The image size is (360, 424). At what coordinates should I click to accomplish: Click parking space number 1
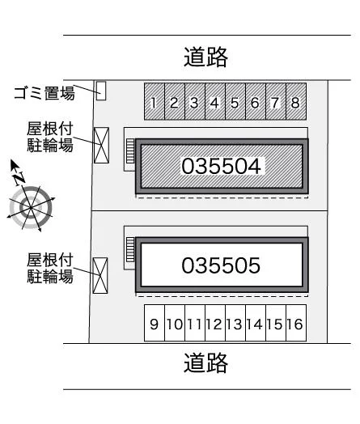click(x=155, y=101)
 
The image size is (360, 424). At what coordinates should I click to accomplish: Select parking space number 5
click(x=235, y=101)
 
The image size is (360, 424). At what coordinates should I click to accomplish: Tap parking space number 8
click(x=296, y=101)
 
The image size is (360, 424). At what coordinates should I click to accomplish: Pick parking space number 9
click(x=155, y=323)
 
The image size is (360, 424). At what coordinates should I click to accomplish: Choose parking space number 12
click(x=215, y=323)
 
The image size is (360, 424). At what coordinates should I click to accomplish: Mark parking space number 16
click(x=296, y=323)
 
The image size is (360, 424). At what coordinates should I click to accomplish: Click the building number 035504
click(x=221, y=166)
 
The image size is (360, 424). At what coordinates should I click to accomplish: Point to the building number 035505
click(x=221, y=265)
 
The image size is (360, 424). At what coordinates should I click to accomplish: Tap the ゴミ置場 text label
click(x=44, y=93)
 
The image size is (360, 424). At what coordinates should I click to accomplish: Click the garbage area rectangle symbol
click(x=101, y=91)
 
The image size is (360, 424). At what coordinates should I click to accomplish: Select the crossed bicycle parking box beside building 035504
click(x=101, y=145)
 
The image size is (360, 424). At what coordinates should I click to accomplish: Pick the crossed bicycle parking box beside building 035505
click(x=100, y=276)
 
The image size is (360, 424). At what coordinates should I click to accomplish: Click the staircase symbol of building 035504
click(x=130, y=151)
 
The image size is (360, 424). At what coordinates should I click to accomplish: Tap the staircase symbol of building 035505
click(x=130, y=249)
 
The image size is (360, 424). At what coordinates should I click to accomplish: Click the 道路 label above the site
click(x=206, y=57)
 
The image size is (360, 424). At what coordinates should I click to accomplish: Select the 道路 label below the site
click(x=206, y=363)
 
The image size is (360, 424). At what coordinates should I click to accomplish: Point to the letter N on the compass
click(x=19, y=178)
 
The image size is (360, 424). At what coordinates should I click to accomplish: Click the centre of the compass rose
click(x=31, y=208)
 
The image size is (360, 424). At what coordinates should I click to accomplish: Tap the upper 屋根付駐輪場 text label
click(x=50, y=137)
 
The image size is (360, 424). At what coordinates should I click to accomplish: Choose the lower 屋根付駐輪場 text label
click(x=50, y=268)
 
